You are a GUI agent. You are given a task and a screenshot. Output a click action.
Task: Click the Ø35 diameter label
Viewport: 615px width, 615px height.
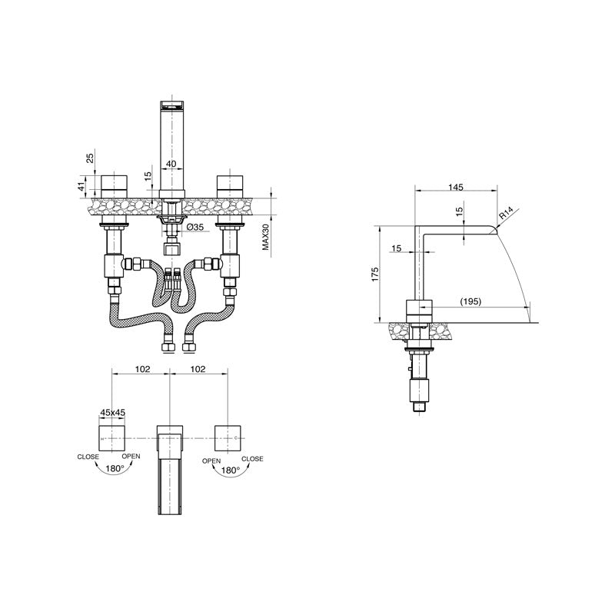(195, 228)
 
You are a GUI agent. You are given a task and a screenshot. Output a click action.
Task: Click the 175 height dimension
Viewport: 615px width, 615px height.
(374, 275)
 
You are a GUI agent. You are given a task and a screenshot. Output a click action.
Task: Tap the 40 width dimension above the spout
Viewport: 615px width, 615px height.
(171, 164)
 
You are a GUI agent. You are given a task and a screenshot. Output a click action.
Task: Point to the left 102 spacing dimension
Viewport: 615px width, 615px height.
(142, 369)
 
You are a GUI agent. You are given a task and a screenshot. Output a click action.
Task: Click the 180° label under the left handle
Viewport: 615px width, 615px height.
(114, 468)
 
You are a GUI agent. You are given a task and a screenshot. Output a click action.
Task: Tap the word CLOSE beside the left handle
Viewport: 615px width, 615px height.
(88, 457)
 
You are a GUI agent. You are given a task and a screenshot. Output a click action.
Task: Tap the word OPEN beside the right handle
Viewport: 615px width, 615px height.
(211, 460)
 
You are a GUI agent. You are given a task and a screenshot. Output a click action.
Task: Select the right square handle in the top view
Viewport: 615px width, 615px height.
(230, 438)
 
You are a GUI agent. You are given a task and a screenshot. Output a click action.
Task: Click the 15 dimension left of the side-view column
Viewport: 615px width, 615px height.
(396, 248)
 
